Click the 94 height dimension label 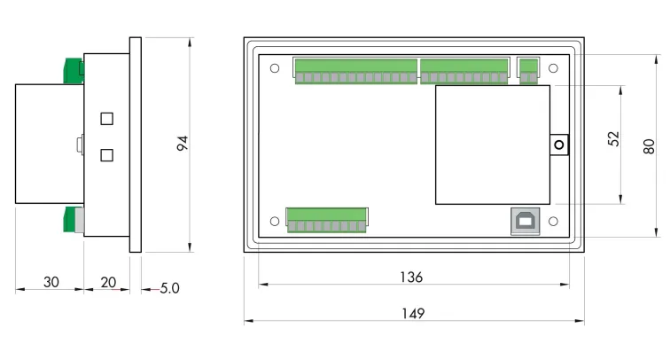point(183,144)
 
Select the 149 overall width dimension point(412,313)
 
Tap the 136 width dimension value point(412,278)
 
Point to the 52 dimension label point(613,139)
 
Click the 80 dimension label point(650,145)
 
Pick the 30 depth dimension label point(51,282)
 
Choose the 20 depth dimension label point(108,282)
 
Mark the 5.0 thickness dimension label point(169,288)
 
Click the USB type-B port point(522,222)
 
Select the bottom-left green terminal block point(326,220)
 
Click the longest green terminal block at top point(355,71)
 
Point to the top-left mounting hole point(275,68)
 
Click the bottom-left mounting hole point(275,222)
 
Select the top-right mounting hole point(553,68)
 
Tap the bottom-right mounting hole point(553,222)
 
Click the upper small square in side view point(107,119)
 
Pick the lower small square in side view point(107,155)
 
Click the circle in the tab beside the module point(559,145)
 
